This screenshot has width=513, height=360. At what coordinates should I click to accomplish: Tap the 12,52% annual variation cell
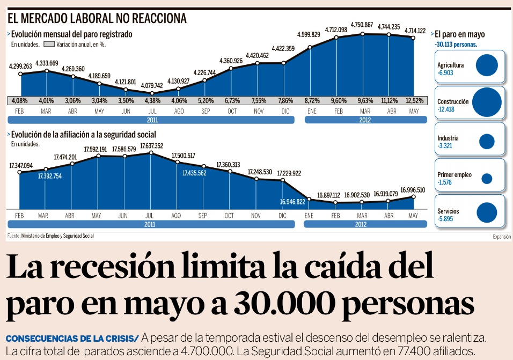point(414,100)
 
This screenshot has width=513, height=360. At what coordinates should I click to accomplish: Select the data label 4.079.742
point(152,85)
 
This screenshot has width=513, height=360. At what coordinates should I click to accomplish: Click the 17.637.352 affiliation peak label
point(152,145)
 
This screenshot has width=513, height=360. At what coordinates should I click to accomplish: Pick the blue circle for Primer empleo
point(487,179)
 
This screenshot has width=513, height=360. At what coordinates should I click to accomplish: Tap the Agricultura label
point(451,65)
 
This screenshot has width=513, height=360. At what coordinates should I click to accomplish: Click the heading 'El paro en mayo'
point(459,34)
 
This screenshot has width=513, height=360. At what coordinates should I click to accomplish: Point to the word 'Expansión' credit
point(502,237)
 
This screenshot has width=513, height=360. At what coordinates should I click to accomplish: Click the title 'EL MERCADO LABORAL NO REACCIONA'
point(97,18)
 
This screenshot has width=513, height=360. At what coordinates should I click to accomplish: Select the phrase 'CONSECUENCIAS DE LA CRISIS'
point(71,339)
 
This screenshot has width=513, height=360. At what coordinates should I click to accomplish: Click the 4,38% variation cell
point(152,100)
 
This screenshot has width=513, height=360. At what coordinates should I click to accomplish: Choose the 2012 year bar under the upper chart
point(365,120)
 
